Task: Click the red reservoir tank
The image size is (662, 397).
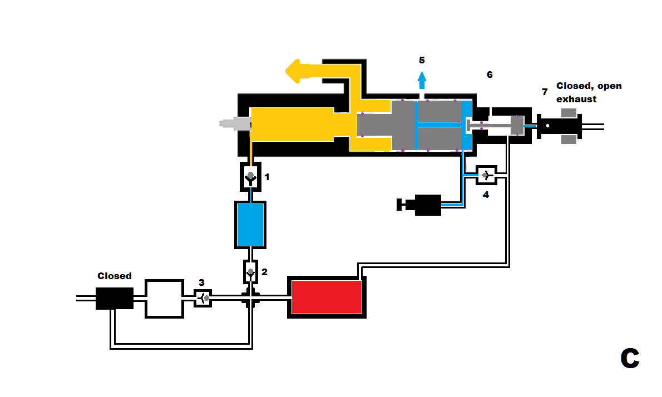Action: (x=327, y=297)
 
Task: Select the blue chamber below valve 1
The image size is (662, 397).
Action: (x=250, y=225)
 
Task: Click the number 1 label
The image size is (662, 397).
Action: (x=267, y=177)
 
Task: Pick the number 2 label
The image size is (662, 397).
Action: (x=265, y=272)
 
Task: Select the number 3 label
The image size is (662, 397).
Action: (x=202, y=282)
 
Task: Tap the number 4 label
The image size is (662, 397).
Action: (x=486, y=195)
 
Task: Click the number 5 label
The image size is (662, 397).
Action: (x=422, y=60)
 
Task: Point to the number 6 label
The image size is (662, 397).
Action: (x=490, y=75)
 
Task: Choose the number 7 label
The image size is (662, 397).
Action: (x=545, y=92)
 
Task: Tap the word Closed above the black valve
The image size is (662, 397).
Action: (x=115, y=276)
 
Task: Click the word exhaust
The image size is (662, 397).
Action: (x=576, y=99)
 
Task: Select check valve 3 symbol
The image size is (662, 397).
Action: (x=203, y=299)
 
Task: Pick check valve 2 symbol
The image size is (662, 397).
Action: (x=250, y=272)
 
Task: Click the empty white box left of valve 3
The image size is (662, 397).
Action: (x=164, y=299)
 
